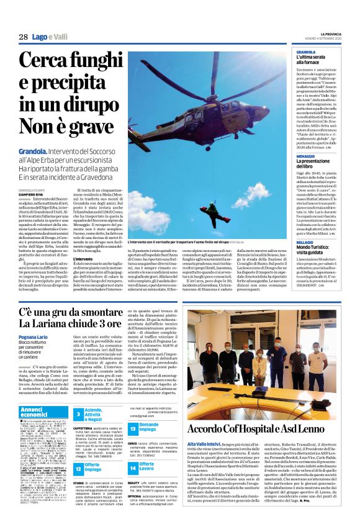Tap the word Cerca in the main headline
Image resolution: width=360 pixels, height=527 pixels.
pyautogui.click(x=43, y=61)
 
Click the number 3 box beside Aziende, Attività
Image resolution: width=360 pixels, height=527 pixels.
pyautogui.click(x=79, y=413)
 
